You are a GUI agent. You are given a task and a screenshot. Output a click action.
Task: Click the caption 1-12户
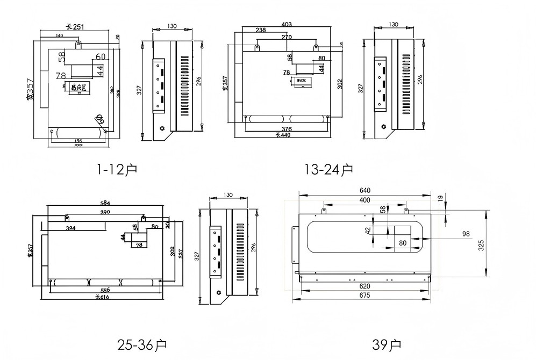click(x=117, y=170)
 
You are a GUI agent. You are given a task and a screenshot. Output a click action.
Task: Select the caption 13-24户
click(x=328, y=170)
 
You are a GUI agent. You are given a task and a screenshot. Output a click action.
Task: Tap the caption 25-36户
click(x=142, y=344)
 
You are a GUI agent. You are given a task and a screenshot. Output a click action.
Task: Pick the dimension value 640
click(x=365, y=190)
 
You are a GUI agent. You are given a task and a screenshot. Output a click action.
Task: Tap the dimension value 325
click(x=482, y=244)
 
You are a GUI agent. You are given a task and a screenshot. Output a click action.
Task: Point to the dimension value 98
click(x=466, y=233)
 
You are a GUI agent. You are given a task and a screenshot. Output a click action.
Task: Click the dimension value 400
click(x=365, y=200)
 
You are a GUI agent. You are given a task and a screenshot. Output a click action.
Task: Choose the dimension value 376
click(x=286, y=129)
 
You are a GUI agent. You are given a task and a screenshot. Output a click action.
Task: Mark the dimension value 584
click(x=105, y=203)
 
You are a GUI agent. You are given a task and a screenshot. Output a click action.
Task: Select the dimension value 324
click(x=70, y=229)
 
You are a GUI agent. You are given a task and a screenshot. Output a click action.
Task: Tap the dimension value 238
click(x=261, y=30)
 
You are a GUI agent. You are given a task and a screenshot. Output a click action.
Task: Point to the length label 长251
click(x=75, y=26)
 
